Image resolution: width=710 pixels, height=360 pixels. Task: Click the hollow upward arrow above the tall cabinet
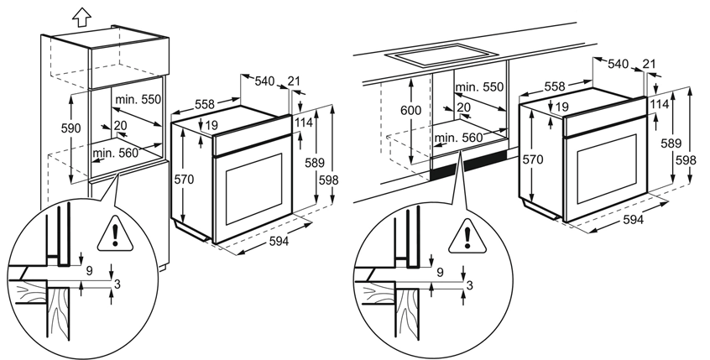click(x=81, y=18)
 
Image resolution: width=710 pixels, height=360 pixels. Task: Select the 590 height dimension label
click(x=71, y=128)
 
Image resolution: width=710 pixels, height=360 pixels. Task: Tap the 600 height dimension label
click(x=411, y=110)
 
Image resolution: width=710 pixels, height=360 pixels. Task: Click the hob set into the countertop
click(x=441, y=55)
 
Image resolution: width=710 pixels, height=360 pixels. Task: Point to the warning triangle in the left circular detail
click(x=116, y=233)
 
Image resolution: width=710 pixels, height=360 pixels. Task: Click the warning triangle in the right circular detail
click(x=467, y=236)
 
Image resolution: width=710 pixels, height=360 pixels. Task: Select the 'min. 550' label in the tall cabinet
click(x=138, y=100)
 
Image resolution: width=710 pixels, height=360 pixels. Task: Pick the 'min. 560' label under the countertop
click(x=457, y=138)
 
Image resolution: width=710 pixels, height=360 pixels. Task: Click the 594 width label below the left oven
click(x=279, y=242)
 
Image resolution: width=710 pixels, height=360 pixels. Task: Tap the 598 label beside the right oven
click(x=686, y=159)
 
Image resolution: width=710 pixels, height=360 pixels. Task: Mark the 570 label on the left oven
click(x=184, y=180)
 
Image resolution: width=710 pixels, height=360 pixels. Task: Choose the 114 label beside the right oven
click(x=659, y=104)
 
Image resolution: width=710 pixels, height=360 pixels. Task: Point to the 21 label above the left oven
click(x=294, y=81)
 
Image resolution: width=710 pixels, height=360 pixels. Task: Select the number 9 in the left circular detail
click(x=89, y=271)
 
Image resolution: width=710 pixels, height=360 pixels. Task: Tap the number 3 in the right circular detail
click(x=470, y=285)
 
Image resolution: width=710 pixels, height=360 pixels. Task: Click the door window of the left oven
click(x=253, y=188)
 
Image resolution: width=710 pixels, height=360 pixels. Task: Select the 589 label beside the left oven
click(x=315, y=163)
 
